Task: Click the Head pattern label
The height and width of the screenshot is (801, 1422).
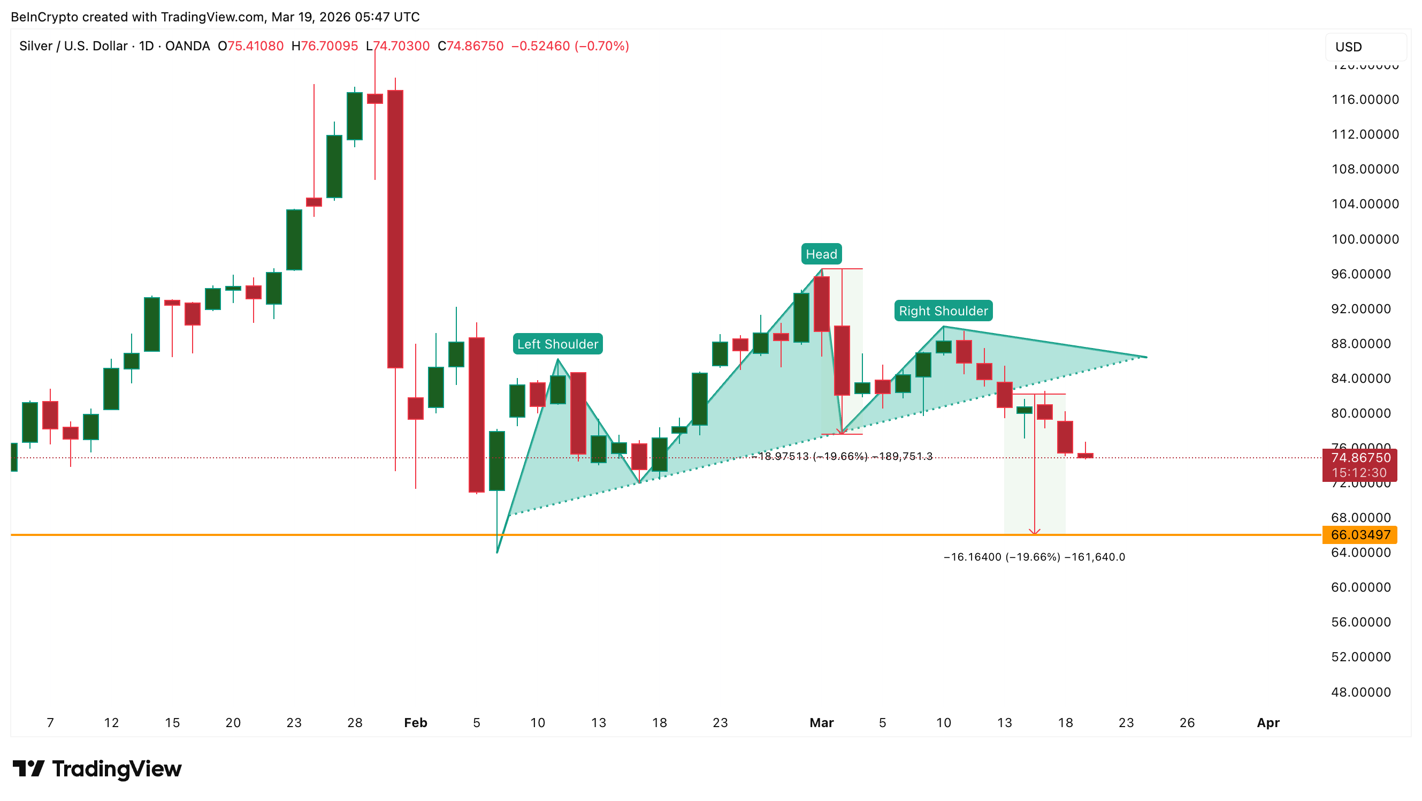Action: point(821,254)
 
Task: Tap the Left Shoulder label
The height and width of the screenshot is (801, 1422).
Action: point(557,344)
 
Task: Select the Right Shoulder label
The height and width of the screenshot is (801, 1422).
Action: point(943,311)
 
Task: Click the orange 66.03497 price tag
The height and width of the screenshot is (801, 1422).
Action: point(1359,535)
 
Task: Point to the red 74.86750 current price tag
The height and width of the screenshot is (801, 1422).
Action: point(1359,458)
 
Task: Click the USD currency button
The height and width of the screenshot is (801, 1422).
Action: point(1365,47)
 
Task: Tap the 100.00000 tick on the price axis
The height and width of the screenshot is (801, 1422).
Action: point(1365,239)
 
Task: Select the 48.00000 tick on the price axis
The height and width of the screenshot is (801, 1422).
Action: point(1360,692)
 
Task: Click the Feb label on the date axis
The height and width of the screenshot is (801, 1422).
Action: point(416,722)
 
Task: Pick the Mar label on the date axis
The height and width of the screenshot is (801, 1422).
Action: point(821,722)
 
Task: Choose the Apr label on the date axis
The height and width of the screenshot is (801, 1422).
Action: point(1268,722)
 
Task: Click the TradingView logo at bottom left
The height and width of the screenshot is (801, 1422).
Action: point(97,768)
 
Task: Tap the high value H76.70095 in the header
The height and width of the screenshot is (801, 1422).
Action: point(325,46)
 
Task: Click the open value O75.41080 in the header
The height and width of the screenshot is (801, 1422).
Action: point(250,46)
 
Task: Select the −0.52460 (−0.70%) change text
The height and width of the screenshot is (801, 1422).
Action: point(570,46)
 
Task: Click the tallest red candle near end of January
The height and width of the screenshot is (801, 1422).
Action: point(395,229)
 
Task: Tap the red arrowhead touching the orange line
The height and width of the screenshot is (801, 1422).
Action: point(1035,532)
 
